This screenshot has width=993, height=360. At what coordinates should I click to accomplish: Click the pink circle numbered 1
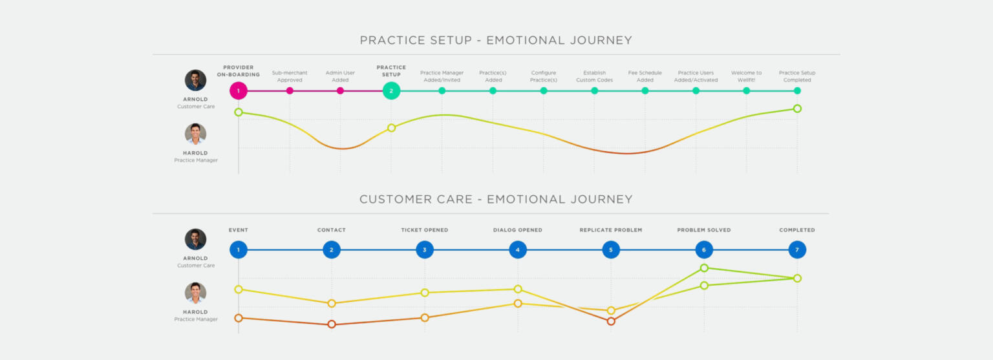238,90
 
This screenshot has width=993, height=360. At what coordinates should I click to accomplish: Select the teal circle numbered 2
391,90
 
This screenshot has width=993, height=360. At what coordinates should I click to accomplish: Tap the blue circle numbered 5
611,249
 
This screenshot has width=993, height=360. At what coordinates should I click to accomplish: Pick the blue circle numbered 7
797,249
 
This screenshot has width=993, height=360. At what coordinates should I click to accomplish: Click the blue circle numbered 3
425,249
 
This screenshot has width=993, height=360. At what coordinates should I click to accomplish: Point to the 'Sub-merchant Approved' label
290,76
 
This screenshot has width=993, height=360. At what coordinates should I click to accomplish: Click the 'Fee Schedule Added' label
645,76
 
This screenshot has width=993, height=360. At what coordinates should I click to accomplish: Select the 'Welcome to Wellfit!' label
746,76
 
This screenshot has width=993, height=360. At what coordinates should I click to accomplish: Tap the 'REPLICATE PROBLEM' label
611,230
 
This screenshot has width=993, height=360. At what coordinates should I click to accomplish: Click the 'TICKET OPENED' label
425,230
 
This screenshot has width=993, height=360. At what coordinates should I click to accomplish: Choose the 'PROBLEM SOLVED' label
704,230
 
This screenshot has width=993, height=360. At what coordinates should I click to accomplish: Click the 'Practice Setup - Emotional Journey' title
496,40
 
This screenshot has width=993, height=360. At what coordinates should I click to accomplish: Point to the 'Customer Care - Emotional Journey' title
496,199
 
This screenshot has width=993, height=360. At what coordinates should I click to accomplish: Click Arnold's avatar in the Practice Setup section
195,80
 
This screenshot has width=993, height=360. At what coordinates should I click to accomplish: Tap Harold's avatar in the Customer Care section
195,293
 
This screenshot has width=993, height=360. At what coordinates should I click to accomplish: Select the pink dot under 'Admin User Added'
340,90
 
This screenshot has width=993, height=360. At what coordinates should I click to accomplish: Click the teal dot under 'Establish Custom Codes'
594,90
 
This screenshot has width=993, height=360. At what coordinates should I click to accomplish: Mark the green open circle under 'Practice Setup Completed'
797,109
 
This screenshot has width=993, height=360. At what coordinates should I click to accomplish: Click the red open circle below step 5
611,321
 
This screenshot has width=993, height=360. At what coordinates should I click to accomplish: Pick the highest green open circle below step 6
704,268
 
